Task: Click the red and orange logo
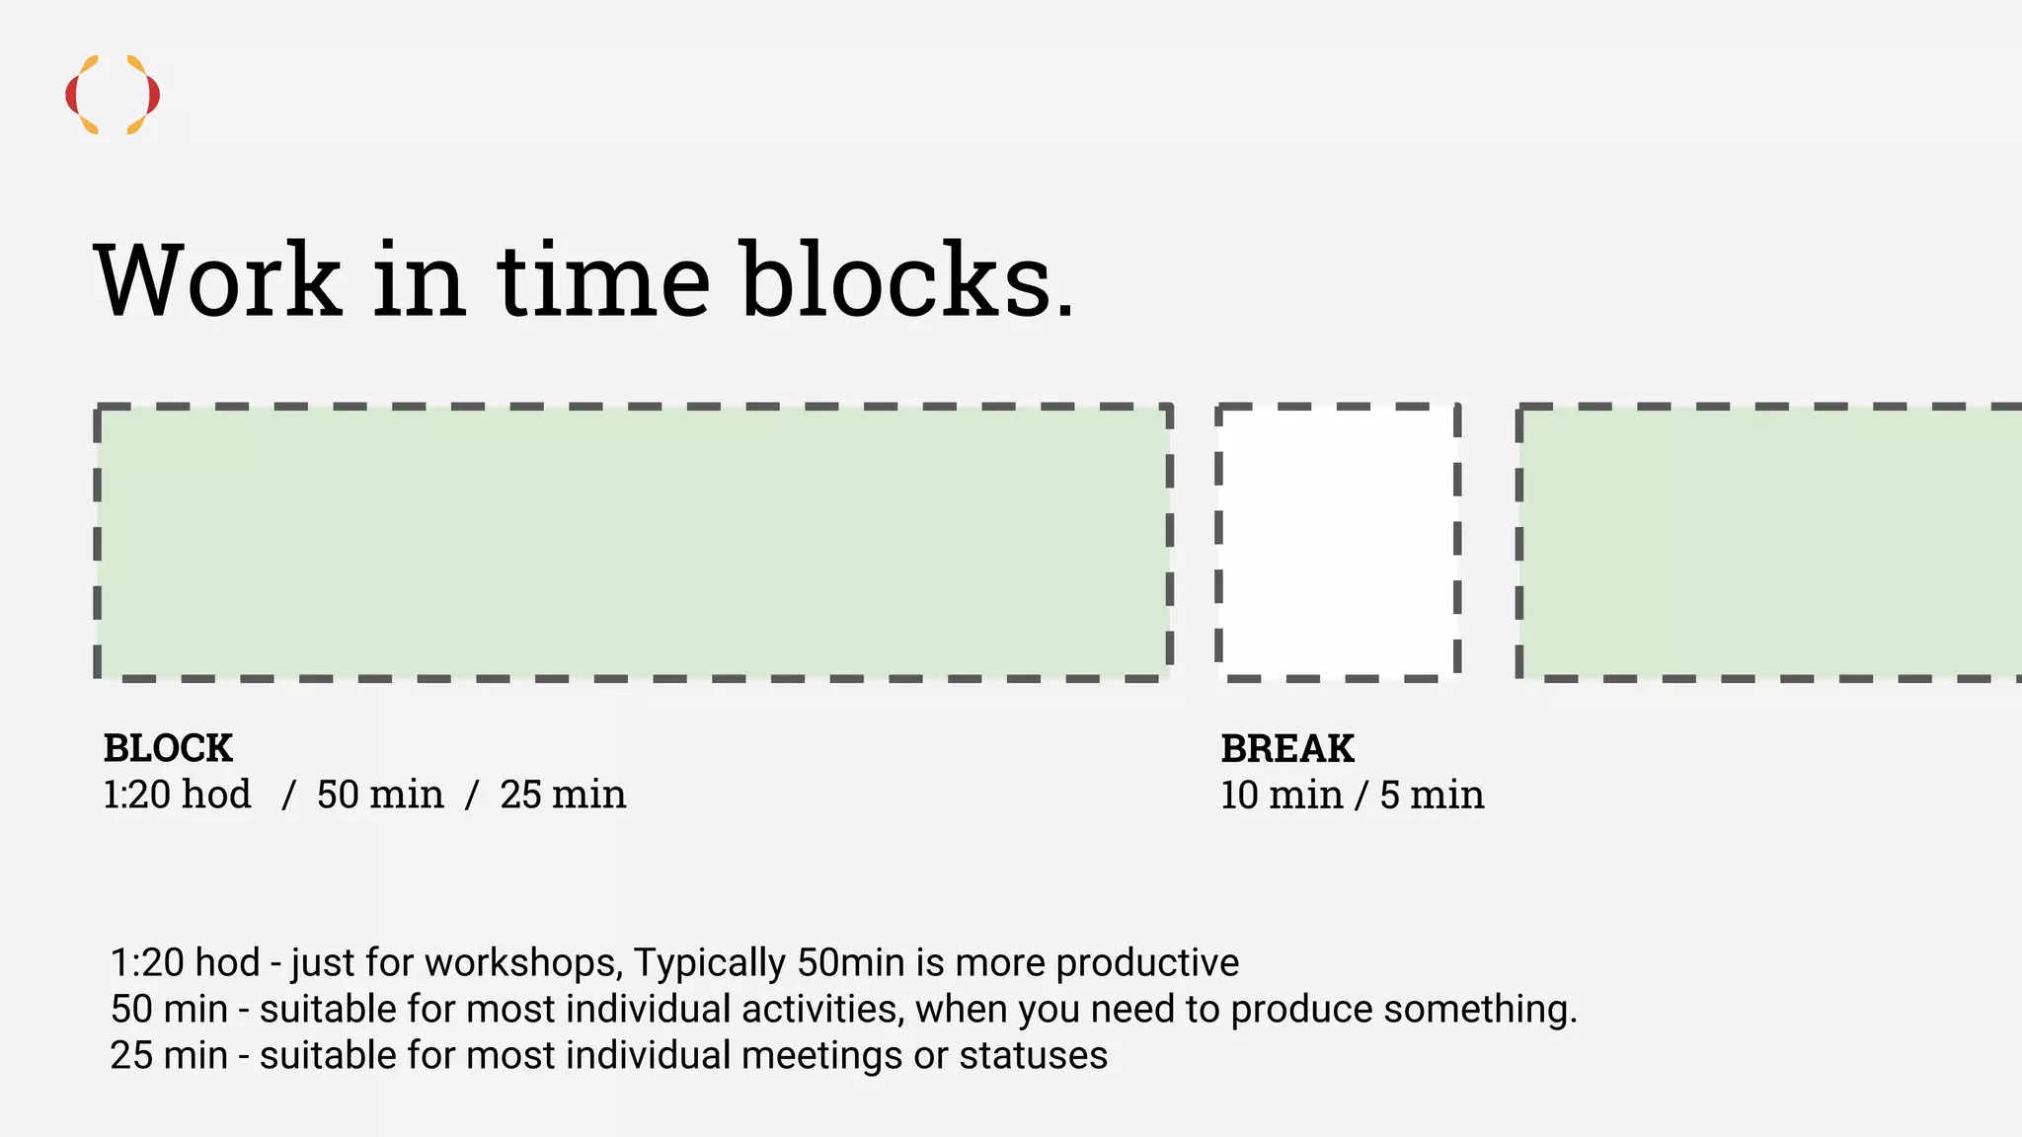113,95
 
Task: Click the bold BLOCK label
168,749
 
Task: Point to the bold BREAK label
1287,749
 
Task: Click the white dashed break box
1338,542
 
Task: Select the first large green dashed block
633,542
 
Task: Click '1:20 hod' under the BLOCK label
178,795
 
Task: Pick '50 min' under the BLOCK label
380,795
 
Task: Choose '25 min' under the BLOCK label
563,795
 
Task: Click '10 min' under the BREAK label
1282,796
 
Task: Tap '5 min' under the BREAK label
1432,796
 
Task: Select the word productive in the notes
1147,963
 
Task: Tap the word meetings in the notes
821,1056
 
